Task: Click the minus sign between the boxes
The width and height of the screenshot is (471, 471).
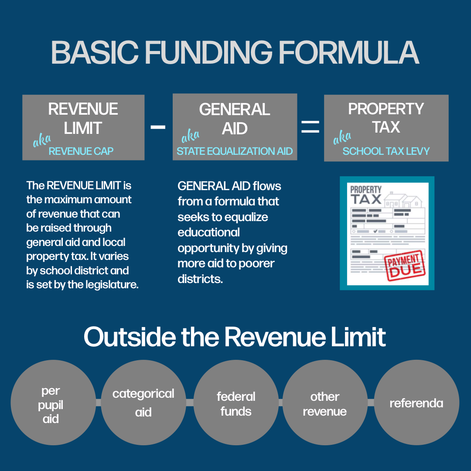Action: click(158, 127)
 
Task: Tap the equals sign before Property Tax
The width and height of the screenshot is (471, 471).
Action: click(311, 127)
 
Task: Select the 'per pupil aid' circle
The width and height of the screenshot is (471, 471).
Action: click(53, 403)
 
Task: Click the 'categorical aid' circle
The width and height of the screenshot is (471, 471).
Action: click(143, 403)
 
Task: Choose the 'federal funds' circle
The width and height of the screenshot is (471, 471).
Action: click(236, 403)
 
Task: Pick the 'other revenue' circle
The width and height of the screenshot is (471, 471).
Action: click(325, 403)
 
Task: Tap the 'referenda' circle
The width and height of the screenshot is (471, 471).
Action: click(416, 403)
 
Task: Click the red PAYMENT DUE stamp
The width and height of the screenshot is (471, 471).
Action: click(405, 265)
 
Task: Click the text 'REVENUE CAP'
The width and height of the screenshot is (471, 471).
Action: click(81, 151)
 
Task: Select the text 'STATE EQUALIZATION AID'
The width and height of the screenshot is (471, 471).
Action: click(235, 151)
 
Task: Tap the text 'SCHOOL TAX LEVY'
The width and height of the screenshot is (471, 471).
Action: click(386, 151)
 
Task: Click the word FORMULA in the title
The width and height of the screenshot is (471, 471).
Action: click(349, 52)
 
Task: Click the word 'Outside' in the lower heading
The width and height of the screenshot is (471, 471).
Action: click(130, 337)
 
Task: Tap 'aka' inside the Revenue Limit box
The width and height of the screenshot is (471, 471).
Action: click(42, 140)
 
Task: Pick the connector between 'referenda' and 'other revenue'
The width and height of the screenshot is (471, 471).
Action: click(371, 403)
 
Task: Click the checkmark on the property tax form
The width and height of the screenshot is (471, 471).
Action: click(375, 231)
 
